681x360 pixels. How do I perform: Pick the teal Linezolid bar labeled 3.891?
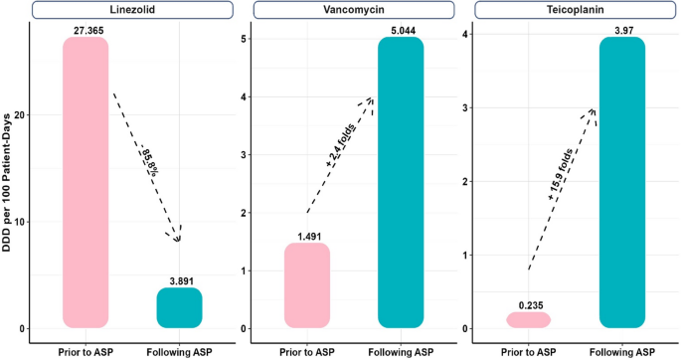(x=179, y=307)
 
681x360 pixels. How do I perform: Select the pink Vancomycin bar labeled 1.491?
(x=306, y=285)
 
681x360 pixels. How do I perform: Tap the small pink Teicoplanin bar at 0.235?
(x=528, y=320)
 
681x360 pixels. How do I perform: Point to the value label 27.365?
(x=85, y=31)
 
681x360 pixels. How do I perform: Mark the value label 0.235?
(x=528, y=305)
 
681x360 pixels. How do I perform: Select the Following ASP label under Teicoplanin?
(x=622, y=350)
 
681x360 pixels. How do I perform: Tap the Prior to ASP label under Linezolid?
(x=85, y=350)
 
